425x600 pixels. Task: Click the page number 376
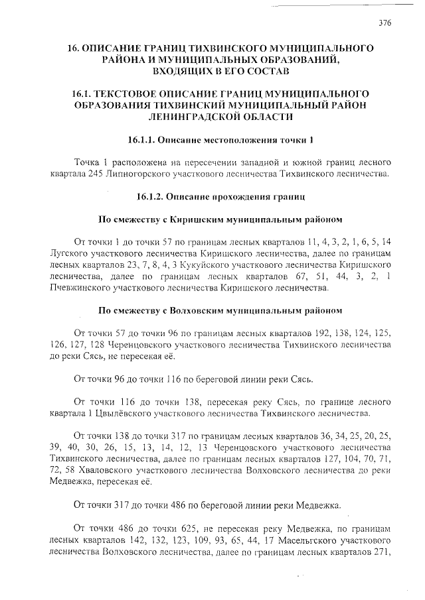click(384, 22)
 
